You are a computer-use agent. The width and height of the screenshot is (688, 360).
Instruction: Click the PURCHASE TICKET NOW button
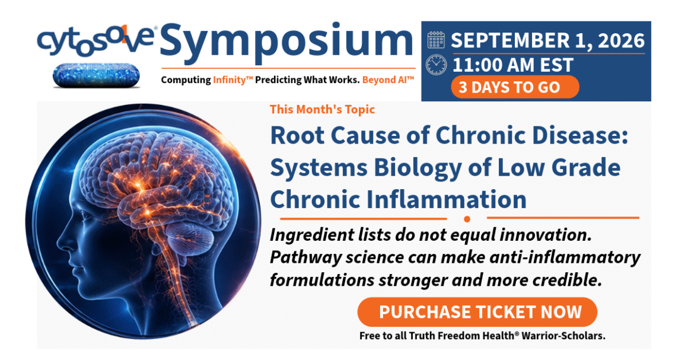point(477,312)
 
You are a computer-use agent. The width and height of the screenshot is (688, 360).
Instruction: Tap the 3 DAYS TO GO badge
point(515,87)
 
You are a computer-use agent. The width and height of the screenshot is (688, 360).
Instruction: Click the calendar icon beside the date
point(436,40)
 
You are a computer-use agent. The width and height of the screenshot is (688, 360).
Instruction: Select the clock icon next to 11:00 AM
point(436,65)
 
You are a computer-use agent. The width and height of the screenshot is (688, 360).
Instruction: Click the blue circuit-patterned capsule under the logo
point(96,75)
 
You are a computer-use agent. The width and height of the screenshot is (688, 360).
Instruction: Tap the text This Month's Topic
point(323,109)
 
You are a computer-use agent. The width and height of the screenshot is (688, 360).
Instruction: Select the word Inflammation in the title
point(447,199)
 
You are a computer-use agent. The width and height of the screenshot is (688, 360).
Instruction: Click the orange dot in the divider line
point(467,219)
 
